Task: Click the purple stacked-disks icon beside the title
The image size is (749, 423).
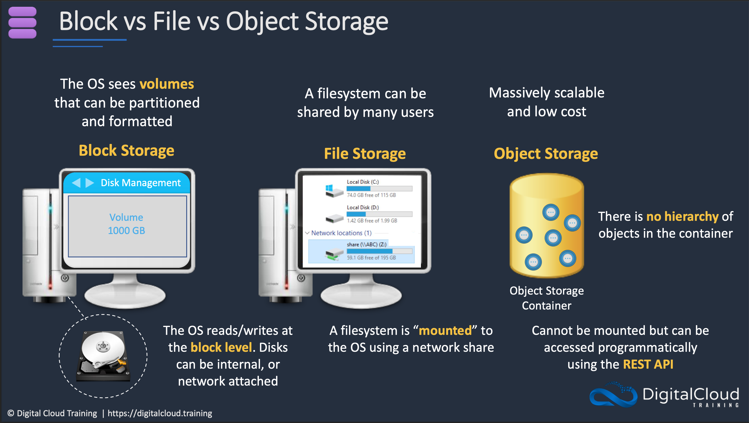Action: (23, 23)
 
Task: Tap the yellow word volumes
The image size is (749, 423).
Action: (167, 84)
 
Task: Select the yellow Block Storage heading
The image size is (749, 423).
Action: (127, 150)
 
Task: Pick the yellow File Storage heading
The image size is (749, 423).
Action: (365, 153)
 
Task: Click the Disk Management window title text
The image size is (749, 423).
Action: (140, 183)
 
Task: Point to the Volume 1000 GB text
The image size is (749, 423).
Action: (127, 224)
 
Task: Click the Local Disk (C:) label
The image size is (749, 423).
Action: (363, 182)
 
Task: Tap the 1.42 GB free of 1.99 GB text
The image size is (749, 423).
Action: (372, 221)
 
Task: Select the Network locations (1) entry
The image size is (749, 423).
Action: (341, 233)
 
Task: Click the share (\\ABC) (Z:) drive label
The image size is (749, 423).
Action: (366, 244)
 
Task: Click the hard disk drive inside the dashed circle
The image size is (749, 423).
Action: (103, 356)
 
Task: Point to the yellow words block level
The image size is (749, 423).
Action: (221, 347)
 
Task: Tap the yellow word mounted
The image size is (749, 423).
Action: (445, 330)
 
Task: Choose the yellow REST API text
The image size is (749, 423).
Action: (648, 364)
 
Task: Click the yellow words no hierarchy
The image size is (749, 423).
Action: (682, 217)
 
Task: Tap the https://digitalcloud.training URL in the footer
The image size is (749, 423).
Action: (160, 413)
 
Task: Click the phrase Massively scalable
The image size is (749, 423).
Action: (546, 93)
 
